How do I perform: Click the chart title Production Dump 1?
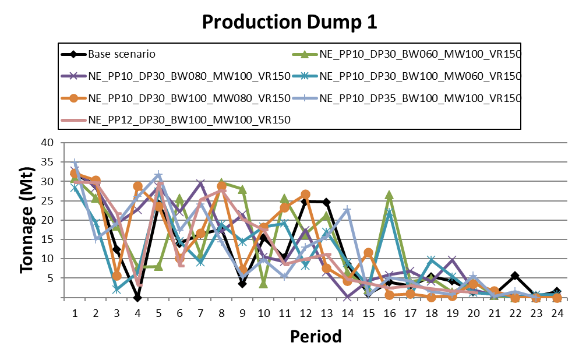click(289, 22)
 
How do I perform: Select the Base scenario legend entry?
click(121, 55)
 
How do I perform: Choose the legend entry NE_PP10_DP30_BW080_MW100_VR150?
click(189, 76)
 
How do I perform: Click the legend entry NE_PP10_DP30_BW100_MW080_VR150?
click(189, 97)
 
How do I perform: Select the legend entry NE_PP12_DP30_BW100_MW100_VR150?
click(189, 119)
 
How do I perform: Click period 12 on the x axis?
click(306, 313)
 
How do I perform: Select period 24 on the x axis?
click(557, 313)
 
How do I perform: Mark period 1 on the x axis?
click(75, 313)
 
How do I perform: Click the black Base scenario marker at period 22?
click(515, 276)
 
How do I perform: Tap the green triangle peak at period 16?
click(389, 195)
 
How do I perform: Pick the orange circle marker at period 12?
click(306, 194)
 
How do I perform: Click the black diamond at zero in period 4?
click(137, 298)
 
